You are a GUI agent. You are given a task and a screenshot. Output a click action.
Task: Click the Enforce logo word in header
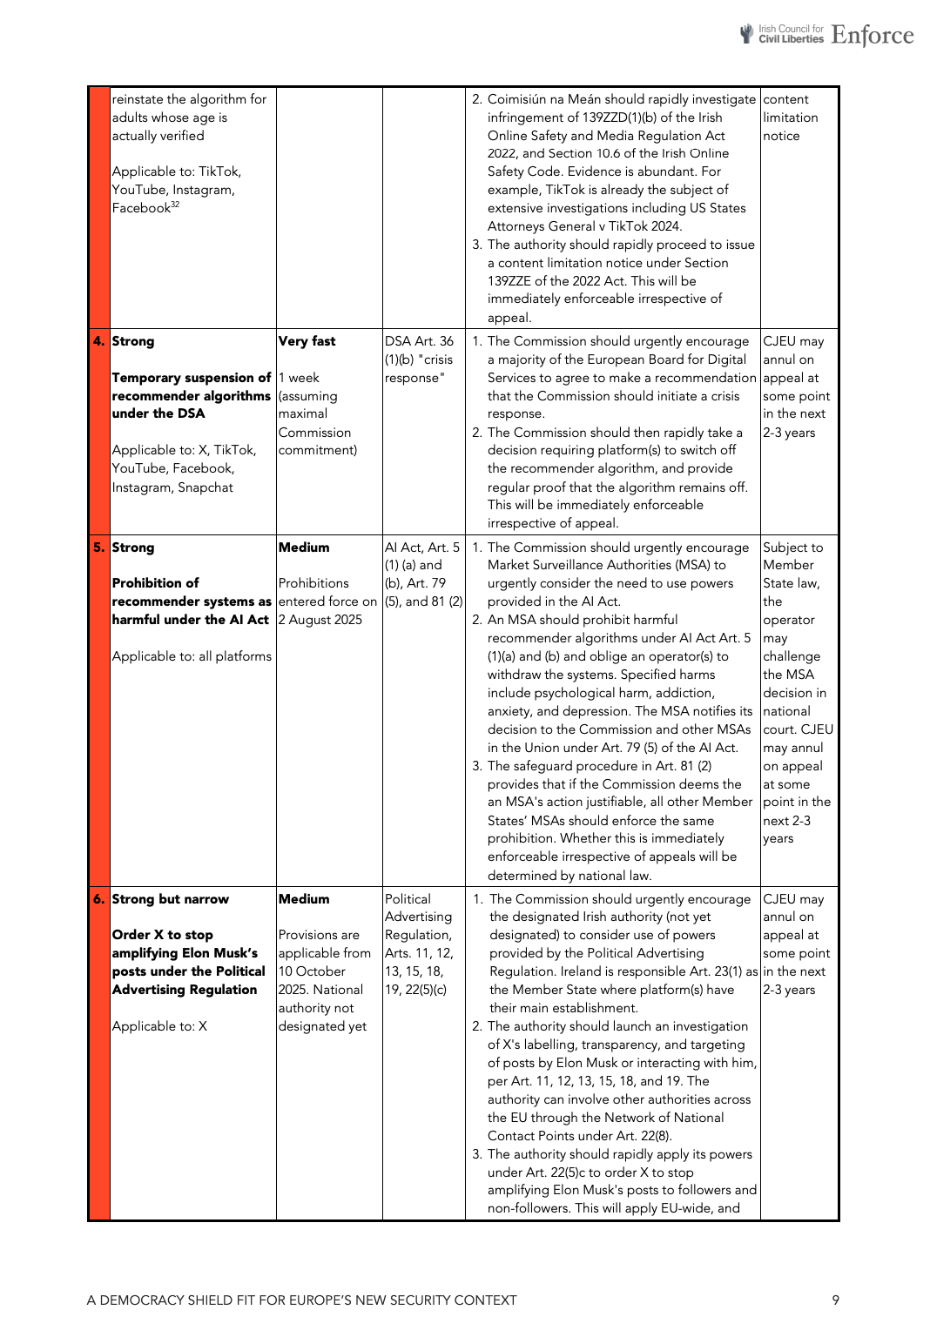click(872, 35)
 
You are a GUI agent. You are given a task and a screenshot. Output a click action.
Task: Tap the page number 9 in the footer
click(835, 1300)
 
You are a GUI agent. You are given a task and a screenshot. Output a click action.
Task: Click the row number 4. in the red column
click(98, 341)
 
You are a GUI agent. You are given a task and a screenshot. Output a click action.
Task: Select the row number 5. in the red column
click(98, 548)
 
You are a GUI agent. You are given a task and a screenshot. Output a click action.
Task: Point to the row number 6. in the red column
click(98, 899)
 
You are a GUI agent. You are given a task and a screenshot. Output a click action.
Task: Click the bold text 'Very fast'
click(307, 341)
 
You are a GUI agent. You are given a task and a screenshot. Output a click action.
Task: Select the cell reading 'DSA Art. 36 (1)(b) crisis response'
click(420, 359)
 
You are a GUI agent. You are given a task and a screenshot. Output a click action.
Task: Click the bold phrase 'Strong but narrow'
click(171, 899)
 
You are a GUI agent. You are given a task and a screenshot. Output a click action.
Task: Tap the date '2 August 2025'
click(320, 620)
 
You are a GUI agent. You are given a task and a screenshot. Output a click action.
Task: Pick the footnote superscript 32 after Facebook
click(175, 205)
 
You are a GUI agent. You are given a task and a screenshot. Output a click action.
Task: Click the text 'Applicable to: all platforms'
click(192, 656)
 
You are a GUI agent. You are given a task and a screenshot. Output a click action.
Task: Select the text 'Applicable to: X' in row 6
click(159, 1026)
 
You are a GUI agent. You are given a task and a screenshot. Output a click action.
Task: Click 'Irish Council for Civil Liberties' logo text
click(790, 34)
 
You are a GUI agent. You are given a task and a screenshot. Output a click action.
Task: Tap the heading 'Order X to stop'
click(163, 935)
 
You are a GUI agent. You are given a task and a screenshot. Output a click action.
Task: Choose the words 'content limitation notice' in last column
click(791, 118)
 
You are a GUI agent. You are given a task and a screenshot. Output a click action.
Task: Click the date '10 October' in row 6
click(312, 971)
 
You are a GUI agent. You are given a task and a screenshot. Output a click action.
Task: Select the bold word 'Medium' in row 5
click(304, 548)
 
